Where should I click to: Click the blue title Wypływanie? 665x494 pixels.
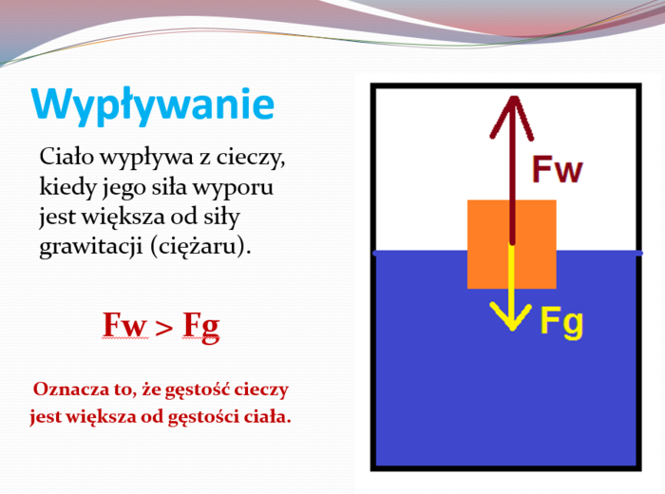coord(152,104)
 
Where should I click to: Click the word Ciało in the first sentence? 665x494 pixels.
coord(66,157)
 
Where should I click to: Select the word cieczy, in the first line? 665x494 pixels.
coord(250,157)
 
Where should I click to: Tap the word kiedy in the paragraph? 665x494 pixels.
coord(66,187)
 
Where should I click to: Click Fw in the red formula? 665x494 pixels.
coord(124,326)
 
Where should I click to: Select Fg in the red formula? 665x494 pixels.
coord(200,327)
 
